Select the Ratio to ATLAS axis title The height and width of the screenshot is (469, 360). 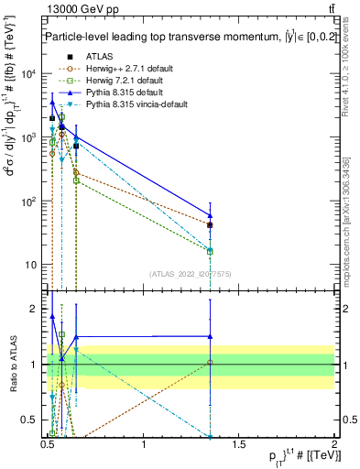click(12, 365)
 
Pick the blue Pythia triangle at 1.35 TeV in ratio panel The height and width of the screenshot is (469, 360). click(211, 336)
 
